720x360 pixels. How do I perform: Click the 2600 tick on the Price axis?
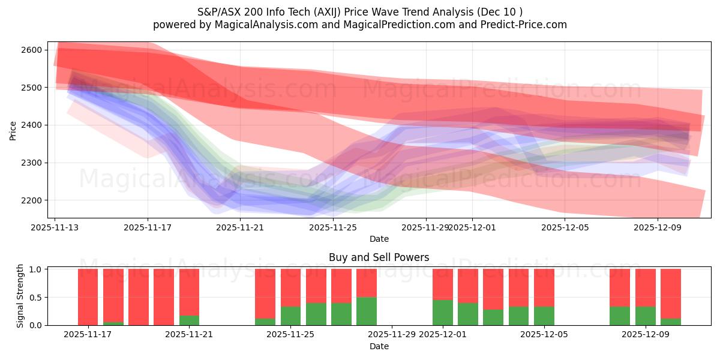click(x=33, y=50)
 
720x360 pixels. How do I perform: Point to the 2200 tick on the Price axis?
click(x=33, y=200)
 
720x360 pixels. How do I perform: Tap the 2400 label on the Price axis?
click(x=33, y=125)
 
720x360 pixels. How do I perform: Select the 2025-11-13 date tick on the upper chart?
click(x=55, y=227)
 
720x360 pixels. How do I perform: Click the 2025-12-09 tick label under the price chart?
click(x=657, y=227)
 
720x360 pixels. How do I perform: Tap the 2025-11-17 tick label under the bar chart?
click(x=88, y=335)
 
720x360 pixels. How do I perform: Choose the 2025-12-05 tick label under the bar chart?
click(x=544, y=335)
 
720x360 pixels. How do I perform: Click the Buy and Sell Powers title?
click(x=379, y=257)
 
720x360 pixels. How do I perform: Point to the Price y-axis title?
click(x=13, y=130)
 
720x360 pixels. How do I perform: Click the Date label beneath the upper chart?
click(x=379, y=239)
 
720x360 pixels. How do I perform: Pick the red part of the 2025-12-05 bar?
click(x=544, y=287)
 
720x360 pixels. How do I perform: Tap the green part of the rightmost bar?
click(x=671, y=322)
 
